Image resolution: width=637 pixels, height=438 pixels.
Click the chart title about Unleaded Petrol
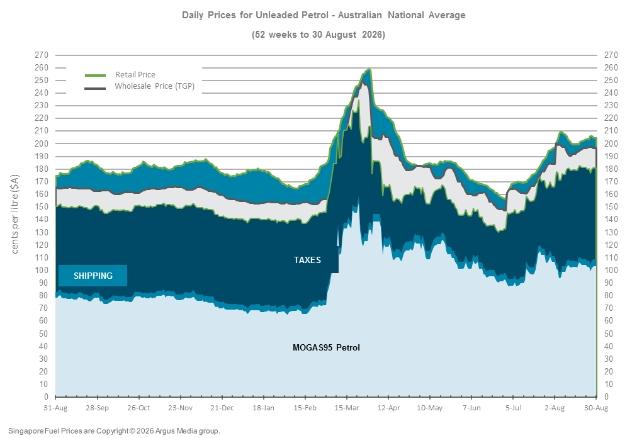[x=324, y=15]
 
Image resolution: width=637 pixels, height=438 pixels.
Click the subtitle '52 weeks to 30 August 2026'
[x=318, y=35]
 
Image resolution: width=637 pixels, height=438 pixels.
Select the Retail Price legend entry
[x=120, y=75]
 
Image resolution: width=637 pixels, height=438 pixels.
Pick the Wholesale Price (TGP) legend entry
[x=140, y=86]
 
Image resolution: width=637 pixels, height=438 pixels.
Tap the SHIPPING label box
[x=93, y=276]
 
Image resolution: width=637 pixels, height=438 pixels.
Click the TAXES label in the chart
[x=308, y=260]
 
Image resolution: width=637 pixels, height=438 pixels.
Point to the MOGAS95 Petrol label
[x=326, y=347]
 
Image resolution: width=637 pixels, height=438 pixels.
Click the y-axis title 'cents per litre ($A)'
[x=15, y=214]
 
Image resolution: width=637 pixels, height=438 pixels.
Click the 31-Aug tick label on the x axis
[x=55, y=408]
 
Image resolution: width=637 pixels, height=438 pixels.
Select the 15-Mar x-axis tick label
[x=347, y=408]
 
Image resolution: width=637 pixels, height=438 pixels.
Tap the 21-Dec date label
[x=222, y=408]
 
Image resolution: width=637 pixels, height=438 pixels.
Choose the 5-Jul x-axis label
[x=514, y=408]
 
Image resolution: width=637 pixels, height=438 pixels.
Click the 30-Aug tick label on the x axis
[x=596, y=408]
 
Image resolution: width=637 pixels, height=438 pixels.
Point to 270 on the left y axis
[x=42, y=55]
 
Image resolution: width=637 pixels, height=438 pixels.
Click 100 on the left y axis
[x=42, y=270]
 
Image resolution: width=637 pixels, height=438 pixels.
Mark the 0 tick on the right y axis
[x=607, y=396]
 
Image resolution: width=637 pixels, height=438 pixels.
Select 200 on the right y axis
[x=611, y=143]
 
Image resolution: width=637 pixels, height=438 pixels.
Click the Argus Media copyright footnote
[x=114, y=430]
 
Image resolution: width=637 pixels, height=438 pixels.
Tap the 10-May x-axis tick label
[x=429, y=408]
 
